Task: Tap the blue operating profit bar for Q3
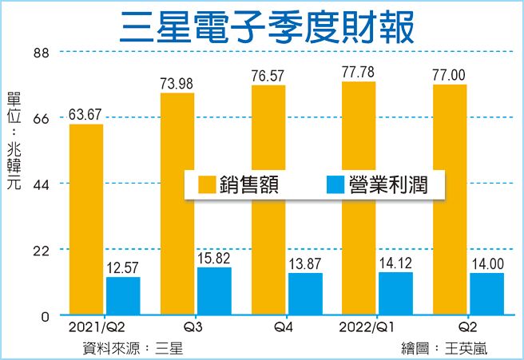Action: tap(214, 291)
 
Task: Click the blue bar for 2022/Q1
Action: tap(395, 294)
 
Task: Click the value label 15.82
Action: tap(213, 257)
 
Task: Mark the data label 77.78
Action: tap(358, 73)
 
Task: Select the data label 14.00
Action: tap(486, 263)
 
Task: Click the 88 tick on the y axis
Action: tap(41, 53)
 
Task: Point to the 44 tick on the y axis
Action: tap(41, 184)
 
